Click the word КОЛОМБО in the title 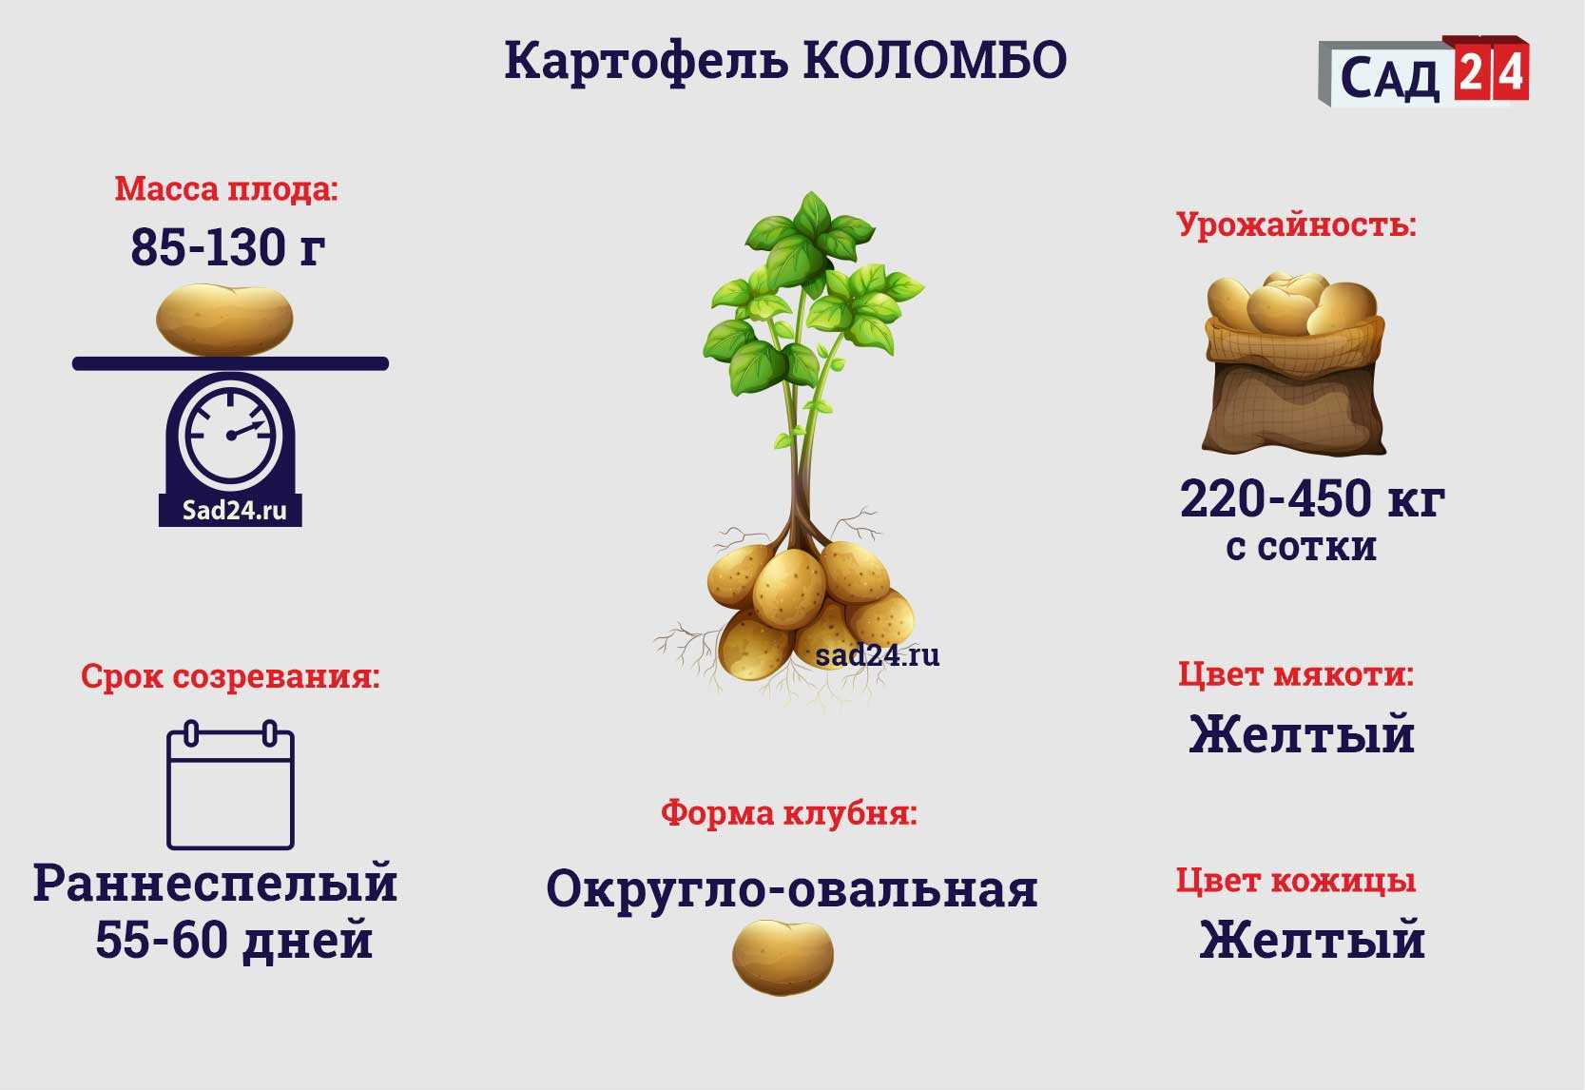(935, 60)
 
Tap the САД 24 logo (1423, 71)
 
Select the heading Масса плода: (226, 189)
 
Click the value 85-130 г (228, 247)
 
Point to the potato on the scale (224, 320)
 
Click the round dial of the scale (231, 435)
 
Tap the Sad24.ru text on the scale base (234, 511)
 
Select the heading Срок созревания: (231, 676)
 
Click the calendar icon (231, 785)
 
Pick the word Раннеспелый (215, 884)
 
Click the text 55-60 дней (234, 941)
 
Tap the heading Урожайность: (1296, 224)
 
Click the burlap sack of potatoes (1294, 363)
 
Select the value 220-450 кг (1312, 499)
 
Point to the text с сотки (1302, 547)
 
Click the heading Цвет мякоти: (1296, 673)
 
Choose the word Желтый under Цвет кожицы (1312, 940)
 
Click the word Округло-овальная (792, 889)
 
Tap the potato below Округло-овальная (783, 958)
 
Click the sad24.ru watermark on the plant (878, 655)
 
